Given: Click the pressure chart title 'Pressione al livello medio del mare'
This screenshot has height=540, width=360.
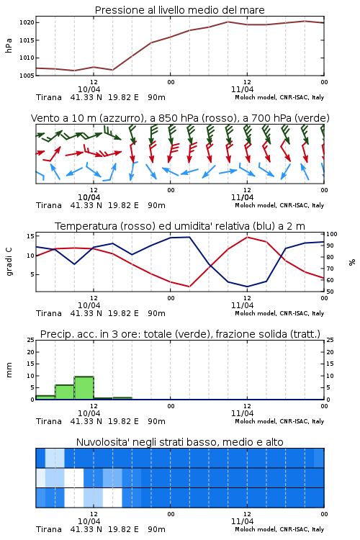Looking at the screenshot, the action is [179, 10].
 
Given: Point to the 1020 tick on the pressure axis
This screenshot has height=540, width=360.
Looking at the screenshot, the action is [27, 23].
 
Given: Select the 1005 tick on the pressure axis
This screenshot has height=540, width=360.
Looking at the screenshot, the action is [27, 75].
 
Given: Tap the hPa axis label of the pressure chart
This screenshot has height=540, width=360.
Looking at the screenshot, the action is [9, 45].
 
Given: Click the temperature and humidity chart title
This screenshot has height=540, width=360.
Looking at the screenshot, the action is [179, 226].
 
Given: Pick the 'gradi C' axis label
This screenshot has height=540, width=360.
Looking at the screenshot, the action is [9, 261].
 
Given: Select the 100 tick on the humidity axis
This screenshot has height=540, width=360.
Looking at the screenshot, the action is [332, 234].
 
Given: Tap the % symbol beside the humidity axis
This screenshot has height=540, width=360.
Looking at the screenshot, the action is [352, 262].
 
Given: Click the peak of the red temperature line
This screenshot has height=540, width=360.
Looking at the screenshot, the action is [247, 237].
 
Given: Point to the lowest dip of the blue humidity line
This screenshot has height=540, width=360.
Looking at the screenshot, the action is [247, 287].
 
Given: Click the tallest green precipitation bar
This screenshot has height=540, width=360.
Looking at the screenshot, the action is [84, 388].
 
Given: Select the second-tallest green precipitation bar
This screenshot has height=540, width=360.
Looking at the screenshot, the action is [65, 392].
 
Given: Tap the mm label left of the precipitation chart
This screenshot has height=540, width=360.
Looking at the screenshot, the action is [9, 370].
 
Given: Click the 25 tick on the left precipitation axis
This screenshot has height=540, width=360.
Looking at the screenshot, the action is [31, 340].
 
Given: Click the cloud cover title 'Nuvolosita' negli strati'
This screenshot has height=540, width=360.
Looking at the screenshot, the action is [179, 442].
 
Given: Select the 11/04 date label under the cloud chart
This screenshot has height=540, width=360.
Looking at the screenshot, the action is [242, 521].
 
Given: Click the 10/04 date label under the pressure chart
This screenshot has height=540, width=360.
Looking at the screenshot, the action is [89, 89].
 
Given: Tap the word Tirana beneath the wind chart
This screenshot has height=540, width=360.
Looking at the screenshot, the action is [49, 205].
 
